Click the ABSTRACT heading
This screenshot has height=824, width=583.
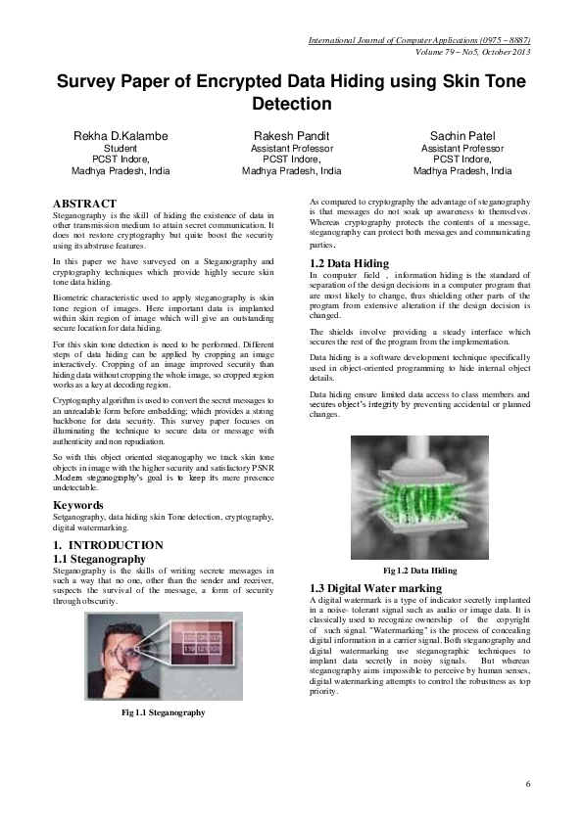(84, 204)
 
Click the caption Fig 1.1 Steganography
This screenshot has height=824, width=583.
(163, 712)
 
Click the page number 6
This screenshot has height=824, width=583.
(528, 784)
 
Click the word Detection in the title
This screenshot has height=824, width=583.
(292, 104)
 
